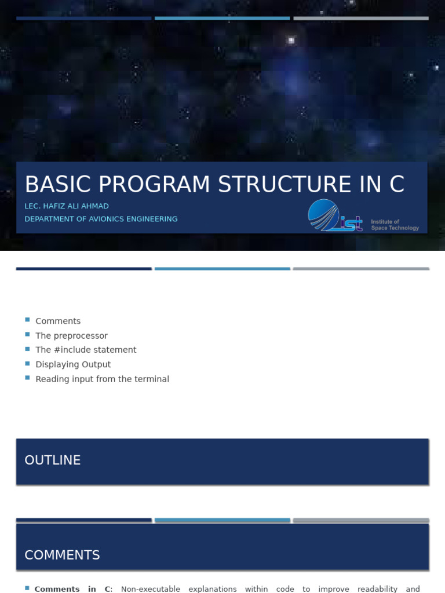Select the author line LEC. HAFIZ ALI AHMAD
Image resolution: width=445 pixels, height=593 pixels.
(x=67, y=206)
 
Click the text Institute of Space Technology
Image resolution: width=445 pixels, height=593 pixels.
(x=395, y=225)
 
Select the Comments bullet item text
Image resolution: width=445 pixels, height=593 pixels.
(x=58, y=321)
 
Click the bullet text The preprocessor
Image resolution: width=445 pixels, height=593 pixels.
(x=71, y=336)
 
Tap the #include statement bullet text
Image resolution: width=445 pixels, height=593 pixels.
(x=86, y=350)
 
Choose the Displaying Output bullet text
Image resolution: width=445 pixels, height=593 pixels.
(x=73, y=364)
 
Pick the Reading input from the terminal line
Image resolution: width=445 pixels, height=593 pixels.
(x=102, y=379)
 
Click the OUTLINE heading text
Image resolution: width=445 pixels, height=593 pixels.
(x=53, y=460)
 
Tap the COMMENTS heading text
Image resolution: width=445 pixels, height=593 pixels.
(x=62, y=555)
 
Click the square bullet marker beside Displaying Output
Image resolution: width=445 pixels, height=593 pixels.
(x=27, y=363)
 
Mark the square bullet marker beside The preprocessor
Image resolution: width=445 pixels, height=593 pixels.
(x=27, y=335)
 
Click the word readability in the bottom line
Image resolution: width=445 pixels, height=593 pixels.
(x=378, y=589)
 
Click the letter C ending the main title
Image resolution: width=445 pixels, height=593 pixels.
(x=396, y=185)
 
